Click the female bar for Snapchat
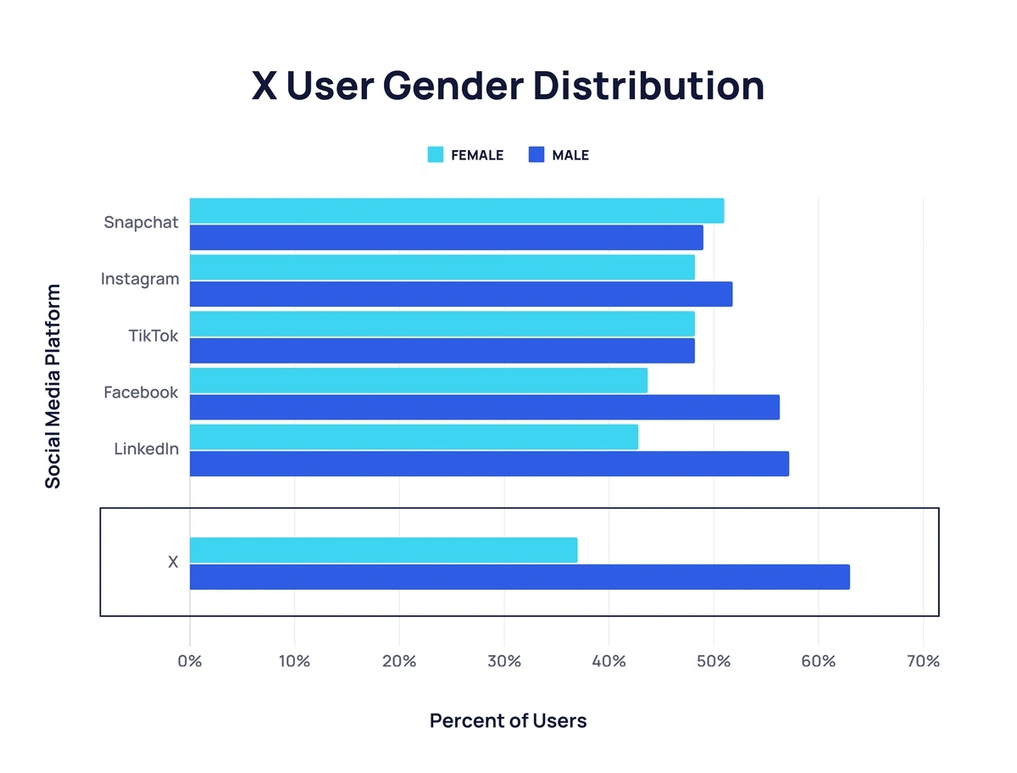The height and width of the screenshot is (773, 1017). pos(456,211)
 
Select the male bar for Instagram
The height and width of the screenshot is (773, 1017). pos(460,294)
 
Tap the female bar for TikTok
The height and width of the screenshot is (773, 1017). pos(442,324)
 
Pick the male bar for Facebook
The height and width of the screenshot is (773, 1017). pos(484,407)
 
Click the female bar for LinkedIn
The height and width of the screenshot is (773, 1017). pos(414,437)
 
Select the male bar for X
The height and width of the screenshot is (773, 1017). pos(519,577)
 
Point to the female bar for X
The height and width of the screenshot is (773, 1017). pos(383,550)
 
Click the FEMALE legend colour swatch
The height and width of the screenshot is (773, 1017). pos(436,155)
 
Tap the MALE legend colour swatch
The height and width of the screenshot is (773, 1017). pos(536,155)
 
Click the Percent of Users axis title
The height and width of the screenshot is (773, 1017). pos(508,721)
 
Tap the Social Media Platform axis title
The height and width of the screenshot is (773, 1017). pos(53,386)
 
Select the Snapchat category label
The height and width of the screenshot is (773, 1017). pos(141,223)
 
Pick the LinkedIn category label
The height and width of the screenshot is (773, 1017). pos(146,449)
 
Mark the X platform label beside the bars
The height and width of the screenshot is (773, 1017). pos(173,562)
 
